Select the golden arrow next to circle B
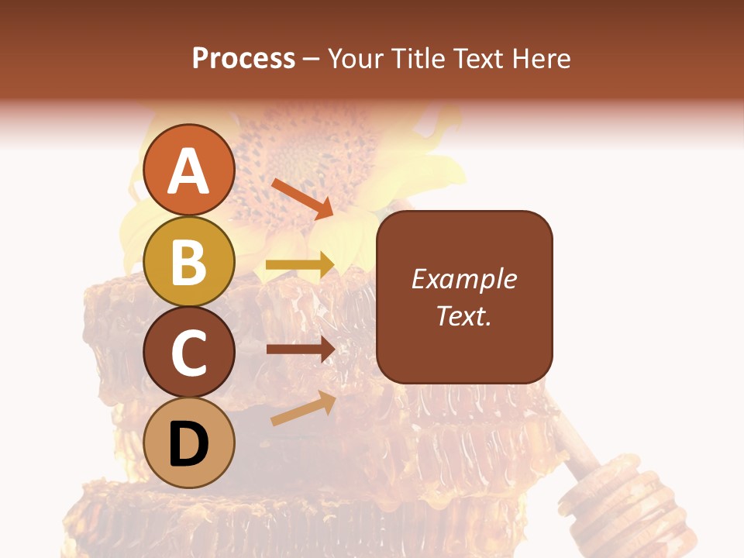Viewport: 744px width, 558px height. (300, 265)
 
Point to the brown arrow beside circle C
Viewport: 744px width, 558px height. (300, 349)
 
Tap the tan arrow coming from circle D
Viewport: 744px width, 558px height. (303, 409)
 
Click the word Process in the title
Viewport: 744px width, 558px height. (243, 58)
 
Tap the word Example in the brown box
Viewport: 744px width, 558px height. (463, 279)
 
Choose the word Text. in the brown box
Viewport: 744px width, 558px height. (463, 315)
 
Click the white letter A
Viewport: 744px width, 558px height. (189, 172)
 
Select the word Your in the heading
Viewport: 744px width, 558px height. (356, 58)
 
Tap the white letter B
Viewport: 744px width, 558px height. (189, 262)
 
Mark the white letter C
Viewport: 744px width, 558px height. (189, 353)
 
